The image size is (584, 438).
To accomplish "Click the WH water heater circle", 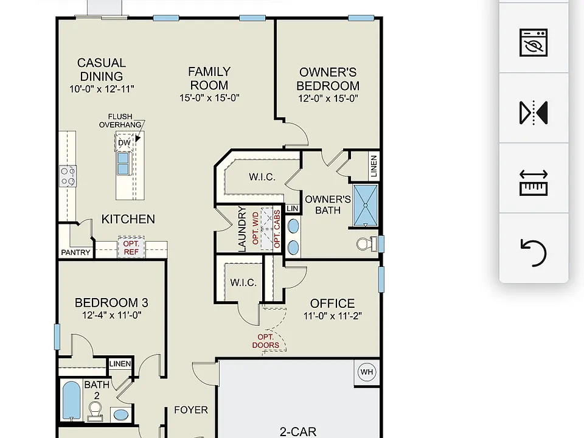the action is [x=366, y=372].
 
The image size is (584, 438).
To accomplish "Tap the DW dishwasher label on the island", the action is [x=124, y=142].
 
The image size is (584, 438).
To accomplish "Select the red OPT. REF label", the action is [x=131, y=248].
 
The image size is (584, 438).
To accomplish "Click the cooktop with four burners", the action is [x=68, y=176].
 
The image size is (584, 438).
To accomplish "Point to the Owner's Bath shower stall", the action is [x=366, y=205].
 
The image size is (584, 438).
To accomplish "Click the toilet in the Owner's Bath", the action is [x=367, y=245].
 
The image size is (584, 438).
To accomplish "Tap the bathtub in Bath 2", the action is [x=71, y=400].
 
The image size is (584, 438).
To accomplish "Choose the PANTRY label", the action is [x=75, y=252].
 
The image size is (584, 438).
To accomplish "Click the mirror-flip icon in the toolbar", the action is [x=534, y=112].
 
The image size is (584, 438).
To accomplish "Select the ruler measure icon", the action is [x=534, y=182].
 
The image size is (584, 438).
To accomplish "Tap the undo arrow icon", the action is [x=534, y=252].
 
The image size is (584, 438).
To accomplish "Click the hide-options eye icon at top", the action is [x=534, y=43].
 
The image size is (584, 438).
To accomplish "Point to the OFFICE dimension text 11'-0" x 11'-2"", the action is [x=333, y=316].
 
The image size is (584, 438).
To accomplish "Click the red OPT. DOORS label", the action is [x=266, y=341].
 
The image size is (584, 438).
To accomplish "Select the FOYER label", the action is [x=190, y=410].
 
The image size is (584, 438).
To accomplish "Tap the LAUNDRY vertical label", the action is [x=242, y=229].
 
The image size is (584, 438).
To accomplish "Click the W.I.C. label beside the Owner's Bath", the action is [x=262, y=177].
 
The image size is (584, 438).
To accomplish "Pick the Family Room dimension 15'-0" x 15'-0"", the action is [x=209, y=98].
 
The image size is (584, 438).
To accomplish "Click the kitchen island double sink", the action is [x=123, y=163].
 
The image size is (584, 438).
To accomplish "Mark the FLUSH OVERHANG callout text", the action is [x=120, y=120].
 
